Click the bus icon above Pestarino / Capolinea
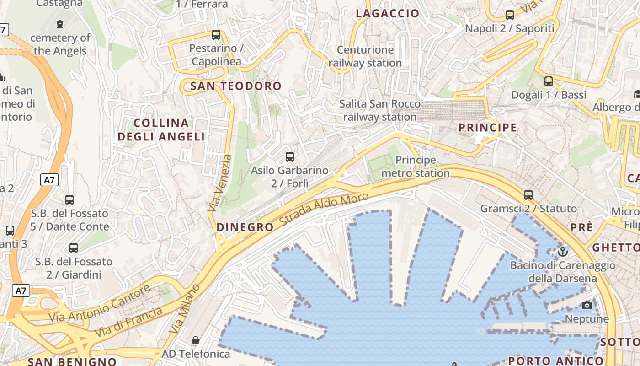(216, 35)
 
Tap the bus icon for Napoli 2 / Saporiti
(510, 15)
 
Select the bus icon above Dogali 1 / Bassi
(549, 81)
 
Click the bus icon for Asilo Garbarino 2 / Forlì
(289, 157)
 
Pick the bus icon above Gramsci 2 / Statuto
(528, 195)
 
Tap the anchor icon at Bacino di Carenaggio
(563, 252)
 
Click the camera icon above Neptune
(587, 305)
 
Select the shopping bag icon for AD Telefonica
(196, 340)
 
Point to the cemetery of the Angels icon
(59, 24)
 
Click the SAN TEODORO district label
(236, 86)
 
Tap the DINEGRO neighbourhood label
(245, 227)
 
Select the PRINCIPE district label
(488, 128)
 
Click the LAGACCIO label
(388, 14)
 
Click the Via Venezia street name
(220, 183)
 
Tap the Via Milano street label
(185, 308)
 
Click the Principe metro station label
(416, 167)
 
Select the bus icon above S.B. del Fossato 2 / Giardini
(74, 248)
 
